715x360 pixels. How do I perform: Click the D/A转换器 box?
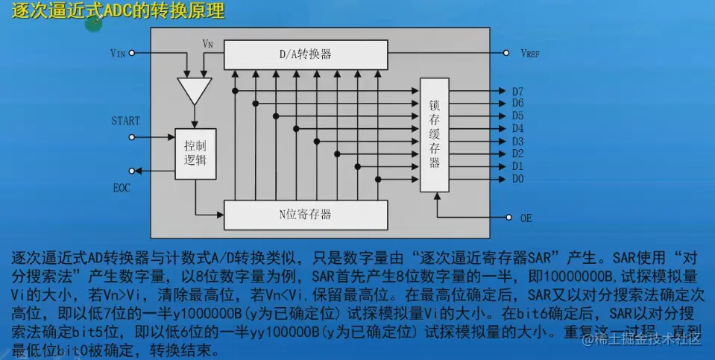tap(306, 54)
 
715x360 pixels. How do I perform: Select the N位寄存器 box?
tap(306, 215)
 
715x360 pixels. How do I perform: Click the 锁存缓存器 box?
tap(435, 133)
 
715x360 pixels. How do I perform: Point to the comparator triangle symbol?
tap(195, 90)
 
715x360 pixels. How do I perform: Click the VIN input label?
tap(118, 54)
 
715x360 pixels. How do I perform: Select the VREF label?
tap(531, 54)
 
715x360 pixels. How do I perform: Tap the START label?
tap(125, 121)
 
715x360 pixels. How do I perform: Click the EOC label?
tap(121, 187)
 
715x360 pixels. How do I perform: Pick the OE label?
tap(526, 218)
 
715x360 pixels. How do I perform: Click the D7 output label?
tap(517, 91)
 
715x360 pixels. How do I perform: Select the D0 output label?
tap(517, 179)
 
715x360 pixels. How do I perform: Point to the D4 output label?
tap(517, 128)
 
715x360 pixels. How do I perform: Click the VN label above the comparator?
tap(208, 44)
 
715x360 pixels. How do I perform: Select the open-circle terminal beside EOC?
tap(133, 171)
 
